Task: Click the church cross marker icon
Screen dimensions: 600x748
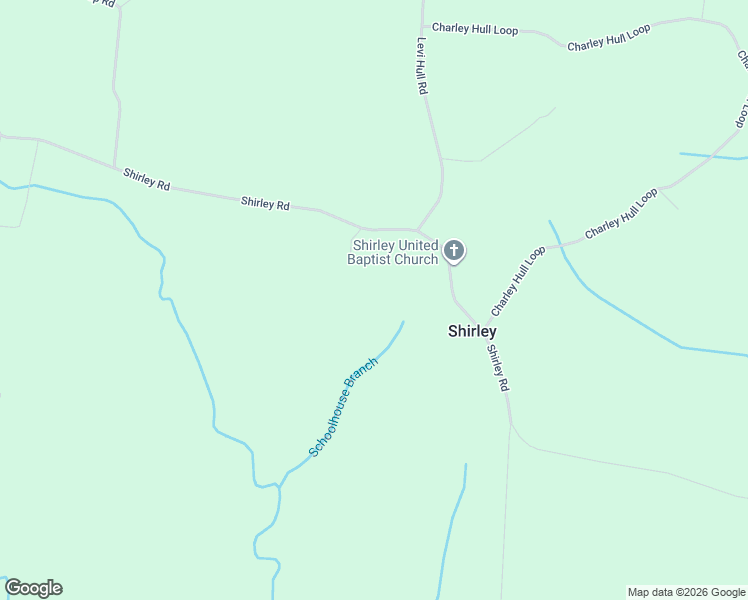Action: [x=454, y=250]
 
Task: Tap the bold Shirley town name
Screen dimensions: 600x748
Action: [x=472, y=331]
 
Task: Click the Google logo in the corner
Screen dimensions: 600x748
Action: [x=33, y=588]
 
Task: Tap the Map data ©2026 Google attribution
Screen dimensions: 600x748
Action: [x=686, y=592]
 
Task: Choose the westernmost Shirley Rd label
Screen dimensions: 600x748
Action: [x=147, y=179]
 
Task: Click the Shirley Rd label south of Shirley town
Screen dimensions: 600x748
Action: [x=498, y=368]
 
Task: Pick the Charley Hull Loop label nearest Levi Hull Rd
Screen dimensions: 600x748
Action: [x=475, y=29]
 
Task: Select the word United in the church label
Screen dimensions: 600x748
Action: [x=419, y=245]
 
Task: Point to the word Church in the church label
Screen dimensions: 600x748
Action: [x=415, y=259]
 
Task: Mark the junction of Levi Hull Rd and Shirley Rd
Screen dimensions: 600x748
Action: [x=417, y=229]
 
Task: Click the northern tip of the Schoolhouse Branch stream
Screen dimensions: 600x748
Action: [x=403, y=322]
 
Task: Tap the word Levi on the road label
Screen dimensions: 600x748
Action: [x=422, y=46]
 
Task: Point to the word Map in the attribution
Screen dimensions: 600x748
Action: [x=639, y=592]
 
